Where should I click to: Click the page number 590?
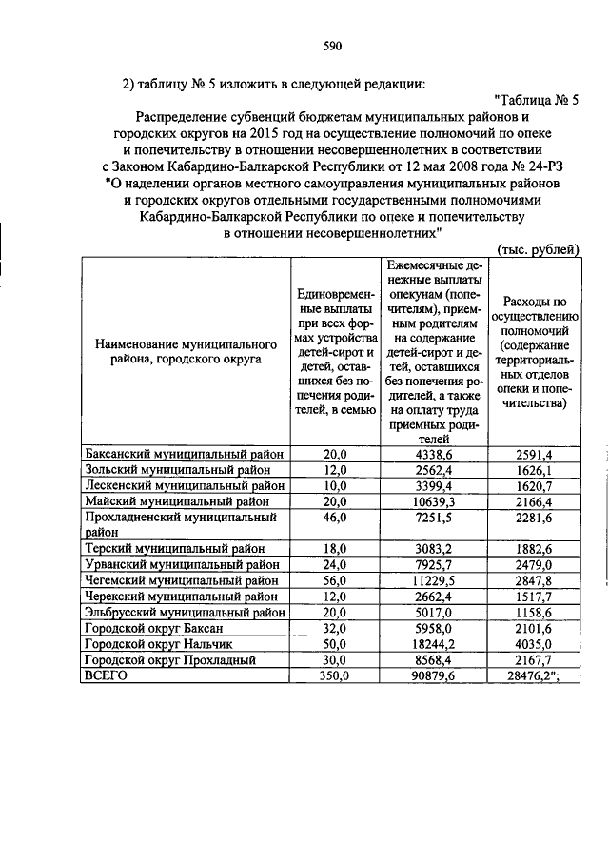pos(332,46)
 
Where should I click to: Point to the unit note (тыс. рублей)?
pos(538,249)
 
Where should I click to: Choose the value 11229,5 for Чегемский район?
pos(434,580)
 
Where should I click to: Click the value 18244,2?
pos(434,644)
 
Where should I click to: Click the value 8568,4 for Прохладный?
pos(434,659)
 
